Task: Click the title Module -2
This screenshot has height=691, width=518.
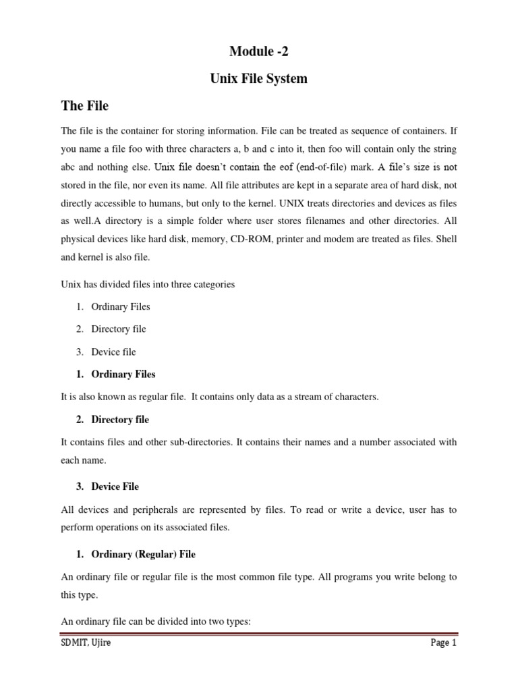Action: (x=258, y=51)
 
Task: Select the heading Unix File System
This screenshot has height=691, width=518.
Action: (x=258, y=78)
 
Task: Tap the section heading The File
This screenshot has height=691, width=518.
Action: (x=84, y=106)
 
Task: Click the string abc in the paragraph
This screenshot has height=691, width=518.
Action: (x=70, y=166)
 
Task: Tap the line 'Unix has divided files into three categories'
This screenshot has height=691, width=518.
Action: (x=148, y=284)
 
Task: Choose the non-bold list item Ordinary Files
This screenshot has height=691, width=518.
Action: (x=121, y=306)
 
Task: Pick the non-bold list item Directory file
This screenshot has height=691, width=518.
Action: (x=119, y=329)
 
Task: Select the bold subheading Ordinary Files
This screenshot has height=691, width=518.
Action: (x=123, y=374)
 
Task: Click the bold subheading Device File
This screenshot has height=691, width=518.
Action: (x=115, y=486)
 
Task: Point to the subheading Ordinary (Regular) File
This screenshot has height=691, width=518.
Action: (x=143, y=554)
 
